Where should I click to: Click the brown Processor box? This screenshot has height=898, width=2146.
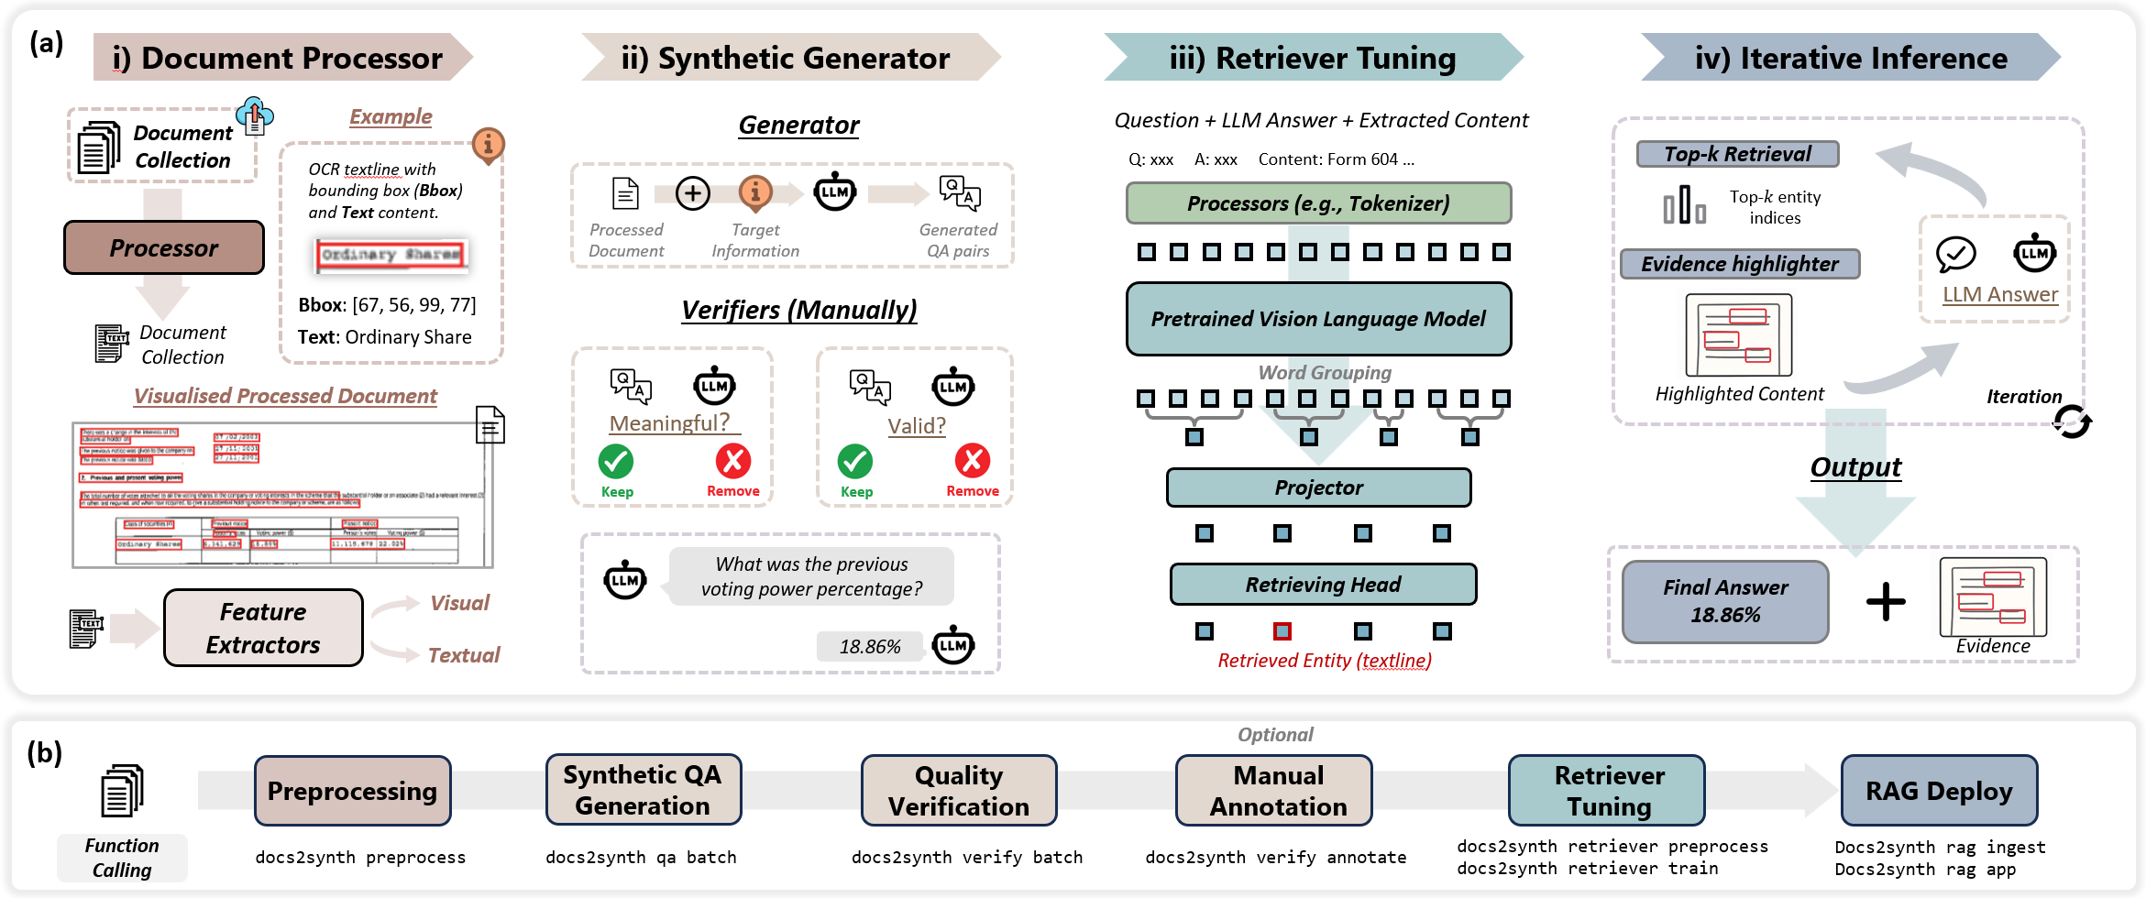[x=164, y=248]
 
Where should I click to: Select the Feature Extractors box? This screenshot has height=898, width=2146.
[x=263, y=628]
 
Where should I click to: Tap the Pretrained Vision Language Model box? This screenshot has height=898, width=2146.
[x=1318, y=319]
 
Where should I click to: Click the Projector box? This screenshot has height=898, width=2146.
[x=1318, y=487]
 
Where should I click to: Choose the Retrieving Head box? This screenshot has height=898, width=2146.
[x=1323, y=585]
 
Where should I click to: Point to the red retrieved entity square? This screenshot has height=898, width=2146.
[x=1282, y=631]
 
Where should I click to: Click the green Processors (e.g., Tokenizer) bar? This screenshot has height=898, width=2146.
[x=1318, y=203]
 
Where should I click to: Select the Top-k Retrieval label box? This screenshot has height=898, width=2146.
[x=1737, y=154]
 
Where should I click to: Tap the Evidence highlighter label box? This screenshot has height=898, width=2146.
[x=1739, y=264]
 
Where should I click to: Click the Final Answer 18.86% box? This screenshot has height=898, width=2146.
[x=1725, y=601]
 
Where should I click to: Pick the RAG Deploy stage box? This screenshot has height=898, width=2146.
[x=1939, y=791]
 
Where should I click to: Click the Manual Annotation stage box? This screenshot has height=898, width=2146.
[x=1278, y=791]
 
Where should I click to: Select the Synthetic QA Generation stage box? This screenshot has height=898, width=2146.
[x=643, y=790]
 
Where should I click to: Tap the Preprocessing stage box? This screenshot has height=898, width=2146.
[x=352, y=791]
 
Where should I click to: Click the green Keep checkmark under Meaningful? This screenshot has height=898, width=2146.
[x=616, y=461]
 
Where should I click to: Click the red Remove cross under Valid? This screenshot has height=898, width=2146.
[x=972, y=460]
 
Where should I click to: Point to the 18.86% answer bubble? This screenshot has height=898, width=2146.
[x=870, y=647]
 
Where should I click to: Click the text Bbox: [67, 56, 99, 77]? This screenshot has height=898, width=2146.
[x=387, y=305]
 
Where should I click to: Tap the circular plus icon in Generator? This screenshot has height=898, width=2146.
[x=692, y=193]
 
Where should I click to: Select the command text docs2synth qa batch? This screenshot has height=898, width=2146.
[x=641, y=858]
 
